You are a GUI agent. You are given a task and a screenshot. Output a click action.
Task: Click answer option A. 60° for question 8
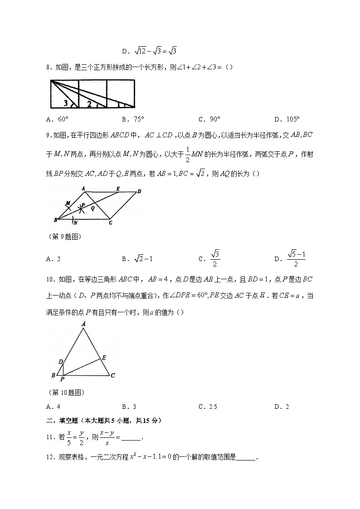coord(57,120)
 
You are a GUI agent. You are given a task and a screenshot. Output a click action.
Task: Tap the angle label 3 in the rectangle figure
coord(66,103)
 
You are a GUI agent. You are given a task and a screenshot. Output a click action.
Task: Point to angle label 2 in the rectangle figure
coord(90,104)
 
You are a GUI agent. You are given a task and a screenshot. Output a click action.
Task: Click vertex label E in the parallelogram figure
coord(118,189)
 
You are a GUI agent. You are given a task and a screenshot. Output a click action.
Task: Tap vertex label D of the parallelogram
coord(139,191)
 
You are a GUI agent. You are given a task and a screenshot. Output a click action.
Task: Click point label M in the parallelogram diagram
coord(67,203)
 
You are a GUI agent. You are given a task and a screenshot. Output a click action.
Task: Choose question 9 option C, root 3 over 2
coord(211,258)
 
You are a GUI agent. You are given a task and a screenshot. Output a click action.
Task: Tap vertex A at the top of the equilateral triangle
coord(84,324)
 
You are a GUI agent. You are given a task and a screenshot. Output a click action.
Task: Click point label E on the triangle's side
coord(103,358)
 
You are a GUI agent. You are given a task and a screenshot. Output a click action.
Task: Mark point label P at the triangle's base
coord(63,379)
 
